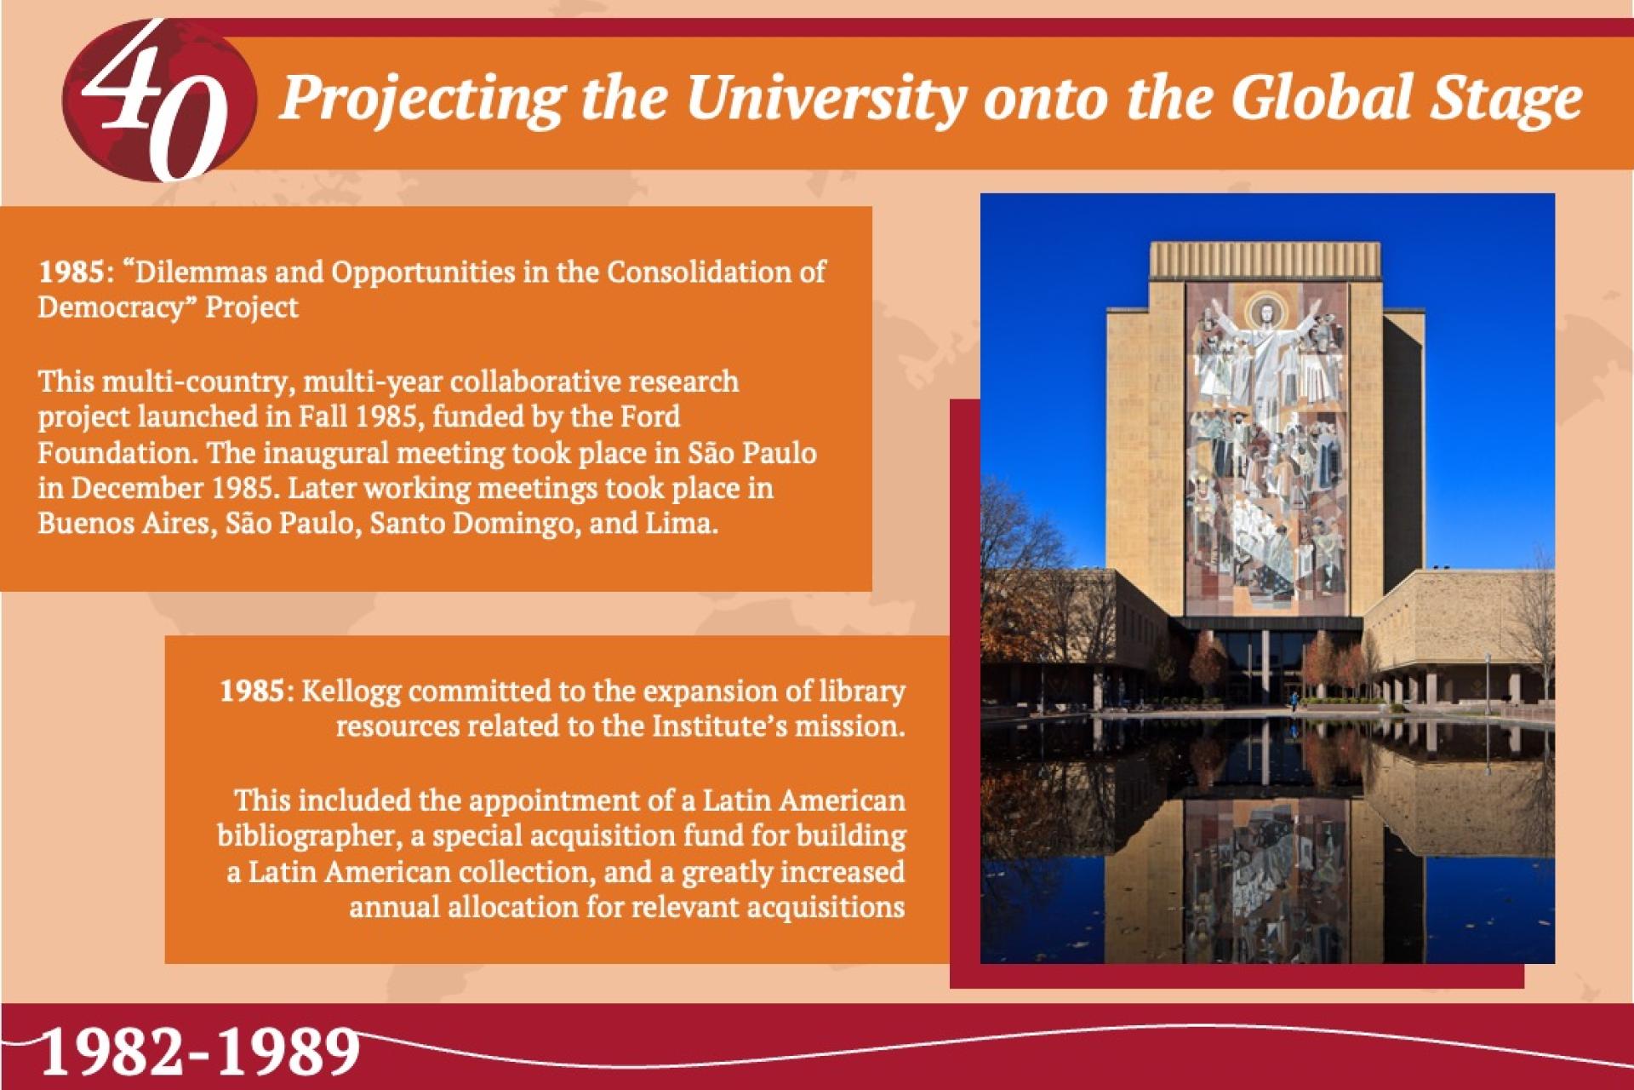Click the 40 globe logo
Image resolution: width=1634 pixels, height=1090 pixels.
(158, 100)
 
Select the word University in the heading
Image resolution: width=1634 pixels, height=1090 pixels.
(826, 100)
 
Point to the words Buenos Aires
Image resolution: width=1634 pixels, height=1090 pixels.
(123, 523)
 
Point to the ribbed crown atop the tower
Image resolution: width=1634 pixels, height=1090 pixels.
(1265, 260)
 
